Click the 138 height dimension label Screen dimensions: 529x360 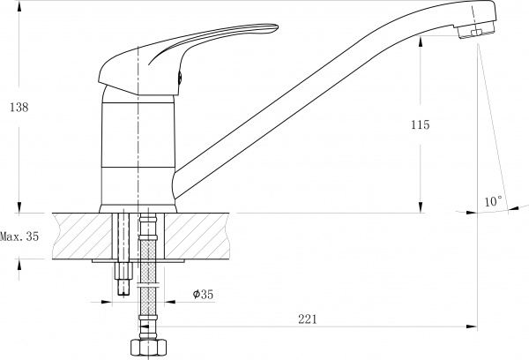tap(19, 108)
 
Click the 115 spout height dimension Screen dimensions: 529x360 tap(421, 124)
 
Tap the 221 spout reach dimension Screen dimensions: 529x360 tap(308, 319)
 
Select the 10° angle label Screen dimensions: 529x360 tap(494, 201)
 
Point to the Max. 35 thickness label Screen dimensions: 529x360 tap(19, 236)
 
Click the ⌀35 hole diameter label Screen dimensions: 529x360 tap(203, 294)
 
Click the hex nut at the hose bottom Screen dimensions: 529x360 tap(148, 347)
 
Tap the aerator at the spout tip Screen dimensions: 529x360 tap(477, 32)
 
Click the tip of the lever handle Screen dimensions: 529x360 tap(277, 26)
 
